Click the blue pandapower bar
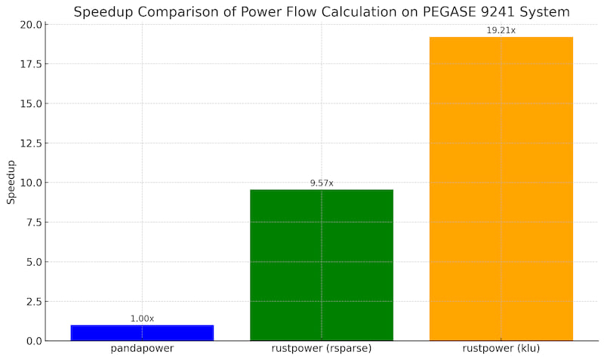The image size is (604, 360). (x=142, y=333)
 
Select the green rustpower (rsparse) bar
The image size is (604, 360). (x=322, y=265)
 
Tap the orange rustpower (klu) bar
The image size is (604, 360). (x=501, y=189)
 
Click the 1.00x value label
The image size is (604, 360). (x=142, y=318)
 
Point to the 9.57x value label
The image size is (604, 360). (x=322, y=183)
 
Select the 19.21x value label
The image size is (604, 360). (x=501, y=30)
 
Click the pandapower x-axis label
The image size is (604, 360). (x=142, y=349)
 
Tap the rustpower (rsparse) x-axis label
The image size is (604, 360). (x=322, y=349)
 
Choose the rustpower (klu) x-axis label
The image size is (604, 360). (x=501, y=349)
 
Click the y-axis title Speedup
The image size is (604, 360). (x=11, y=182)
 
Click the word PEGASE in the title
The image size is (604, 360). (x=433, y=12)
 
